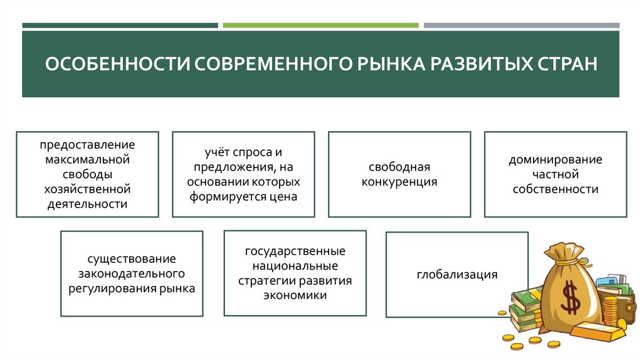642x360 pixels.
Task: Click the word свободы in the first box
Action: pos(87,174)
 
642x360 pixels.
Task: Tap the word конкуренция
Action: pos(399,183)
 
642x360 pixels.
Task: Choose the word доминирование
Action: pos(555,159)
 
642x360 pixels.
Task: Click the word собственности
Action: pos(555,189)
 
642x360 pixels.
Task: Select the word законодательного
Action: pos(132,274)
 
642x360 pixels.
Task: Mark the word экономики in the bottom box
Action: pos(295,295)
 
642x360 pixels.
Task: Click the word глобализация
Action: pos(456,274)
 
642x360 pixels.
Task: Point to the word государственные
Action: pos(295,251)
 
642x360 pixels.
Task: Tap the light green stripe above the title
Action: pos(320,25)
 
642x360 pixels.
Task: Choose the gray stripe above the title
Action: pos(521,25)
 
